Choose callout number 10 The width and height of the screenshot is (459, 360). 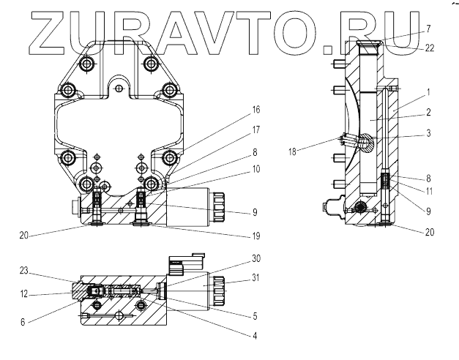click(x=256, y=169)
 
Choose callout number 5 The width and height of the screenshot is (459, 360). click(x=256, y=317)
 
